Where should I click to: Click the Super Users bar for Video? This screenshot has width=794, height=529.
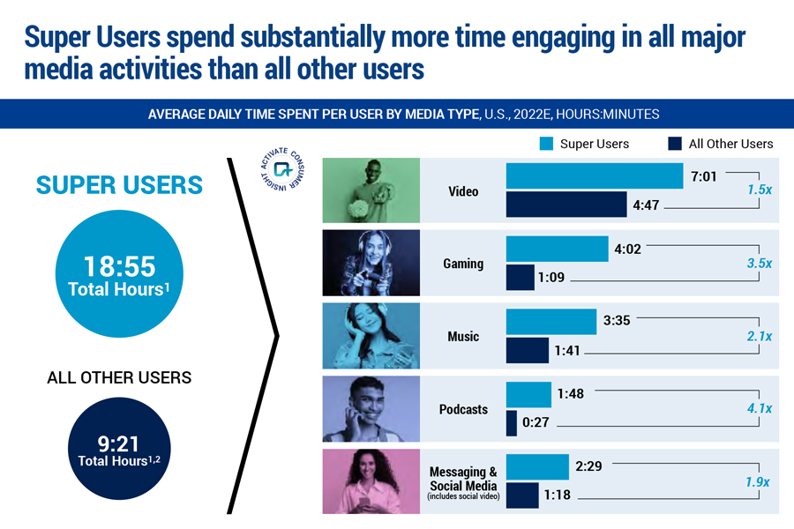(594, 176)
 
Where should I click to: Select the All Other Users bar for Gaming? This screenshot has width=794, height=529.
(520, 278)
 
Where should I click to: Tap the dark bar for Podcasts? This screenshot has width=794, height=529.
(511, 422)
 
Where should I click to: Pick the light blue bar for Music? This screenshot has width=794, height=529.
(551, 322)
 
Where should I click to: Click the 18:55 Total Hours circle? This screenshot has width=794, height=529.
(118, 274)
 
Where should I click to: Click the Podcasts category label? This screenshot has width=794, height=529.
(463, 409)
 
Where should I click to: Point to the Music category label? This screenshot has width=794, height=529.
(463, 336)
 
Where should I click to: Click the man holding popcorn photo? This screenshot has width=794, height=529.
(371, 190)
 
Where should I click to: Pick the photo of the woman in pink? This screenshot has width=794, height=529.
(371, 481)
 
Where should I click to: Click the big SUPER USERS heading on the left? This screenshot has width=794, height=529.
(119, 185)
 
